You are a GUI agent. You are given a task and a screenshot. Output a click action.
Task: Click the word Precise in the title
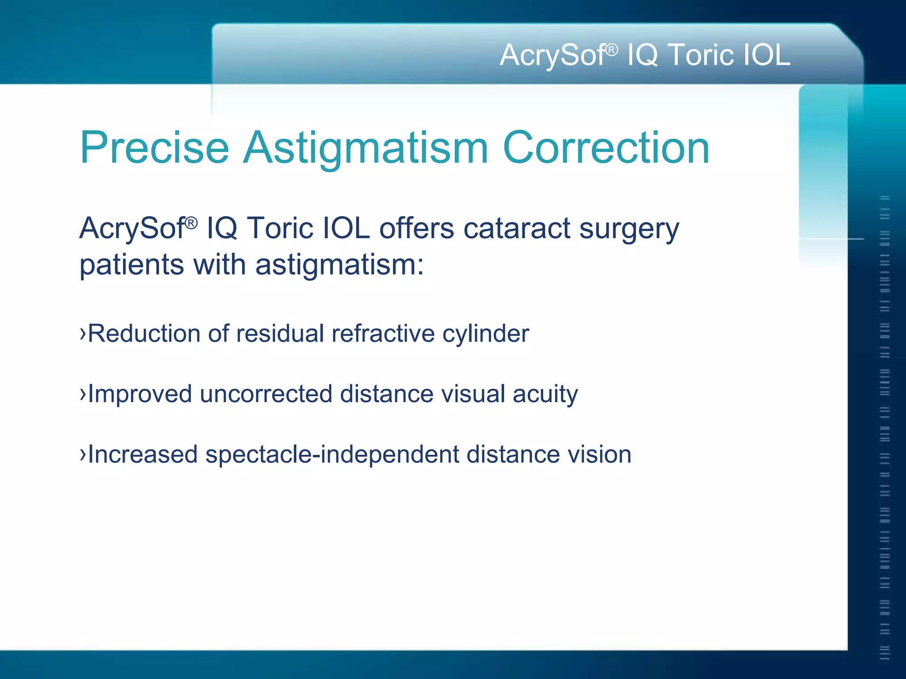(154, 148)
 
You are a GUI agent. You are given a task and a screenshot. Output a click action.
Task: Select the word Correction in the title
(606, 148)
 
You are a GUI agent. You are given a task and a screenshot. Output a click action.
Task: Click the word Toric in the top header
(699, 55)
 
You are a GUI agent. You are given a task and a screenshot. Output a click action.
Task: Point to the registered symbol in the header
(611, 50)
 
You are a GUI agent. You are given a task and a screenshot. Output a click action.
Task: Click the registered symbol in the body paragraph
(191, 223)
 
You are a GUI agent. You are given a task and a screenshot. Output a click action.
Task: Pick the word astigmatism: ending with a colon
(340, 265)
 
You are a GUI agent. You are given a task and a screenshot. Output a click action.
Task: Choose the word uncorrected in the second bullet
(266, 394)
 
